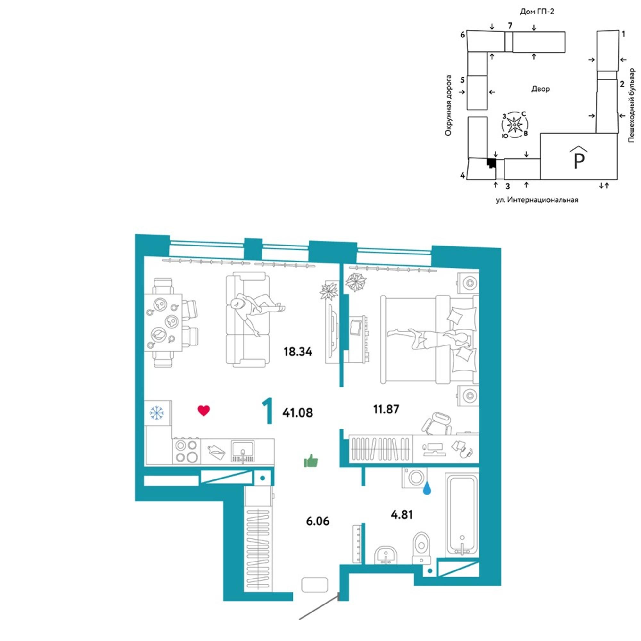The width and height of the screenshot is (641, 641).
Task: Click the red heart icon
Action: [204, 411]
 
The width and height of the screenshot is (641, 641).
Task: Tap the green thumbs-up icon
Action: [311, 461]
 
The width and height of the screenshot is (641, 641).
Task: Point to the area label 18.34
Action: [298, 352]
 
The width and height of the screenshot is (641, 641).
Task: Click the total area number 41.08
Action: [298, 413]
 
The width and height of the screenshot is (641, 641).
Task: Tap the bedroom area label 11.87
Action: [386, 409]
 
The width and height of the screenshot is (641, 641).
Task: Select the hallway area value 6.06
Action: [318, 521]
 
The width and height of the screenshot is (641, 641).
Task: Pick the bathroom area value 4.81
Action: [402, 515]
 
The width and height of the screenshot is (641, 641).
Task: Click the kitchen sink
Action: [243, 451]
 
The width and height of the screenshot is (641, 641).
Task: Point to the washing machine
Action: [415, 478]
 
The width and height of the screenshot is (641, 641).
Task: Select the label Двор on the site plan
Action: [540, 89]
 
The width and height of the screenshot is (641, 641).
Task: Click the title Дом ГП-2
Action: [537, 12]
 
